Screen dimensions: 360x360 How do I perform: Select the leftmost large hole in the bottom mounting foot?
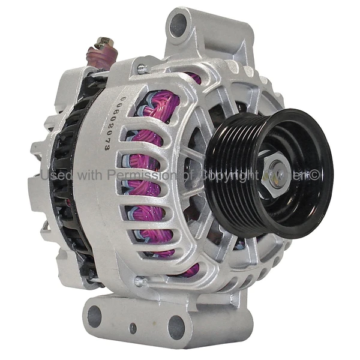pyautogui.click(x=94, y=316)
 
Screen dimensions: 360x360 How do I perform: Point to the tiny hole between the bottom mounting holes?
pyautogui.click(x=133, y=328)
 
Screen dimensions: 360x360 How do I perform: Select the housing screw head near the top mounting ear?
pyautogui.click(x=141, y=68)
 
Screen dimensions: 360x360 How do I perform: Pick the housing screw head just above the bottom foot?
pyautogui.click(x=140, y=280)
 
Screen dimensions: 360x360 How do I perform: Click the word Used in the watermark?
pyautogui.click(x=56, y=175)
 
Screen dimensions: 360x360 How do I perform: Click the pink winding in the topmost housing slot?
pyautogui.click(x=194, y=77)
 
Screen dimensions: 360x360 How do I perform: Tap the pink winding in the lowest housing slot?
pyautogui.click(x=191, y=269)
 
